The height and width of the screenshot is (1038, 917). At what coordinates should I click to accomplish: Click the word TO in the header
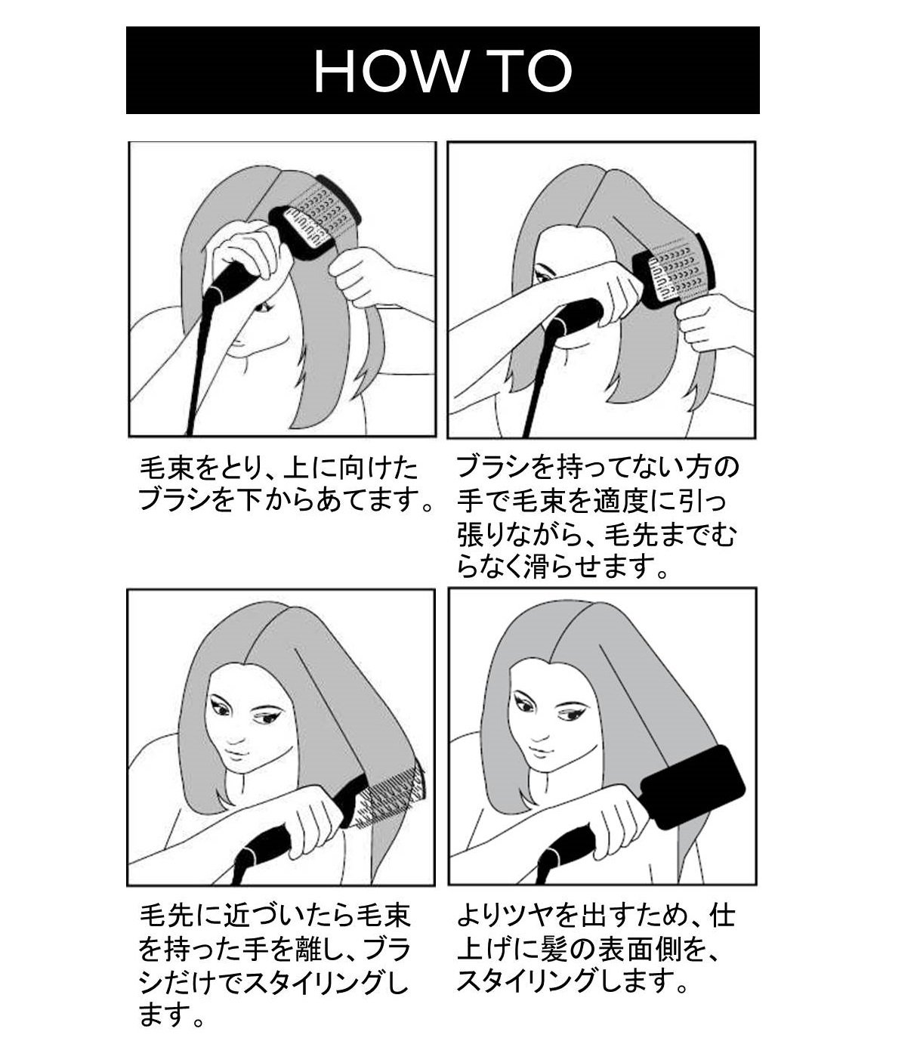tap(530, 71)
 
